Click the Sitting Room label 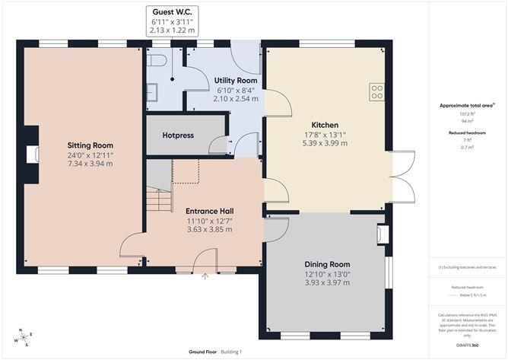point(90,145)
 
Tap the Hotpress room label point(179,135)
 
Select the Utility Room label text point(235,80)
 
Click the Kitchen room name point(325,125)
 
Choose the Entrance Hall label point(209,211)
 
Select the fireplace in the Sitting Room point(32,155)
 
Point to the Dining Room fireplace point(383,235)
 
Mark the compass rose point(25,336)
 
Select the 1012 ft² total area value point(467,113)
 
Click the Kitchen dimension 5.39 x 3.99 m point(325,143)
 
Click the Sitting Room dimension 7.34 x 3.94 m point(90,163)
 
